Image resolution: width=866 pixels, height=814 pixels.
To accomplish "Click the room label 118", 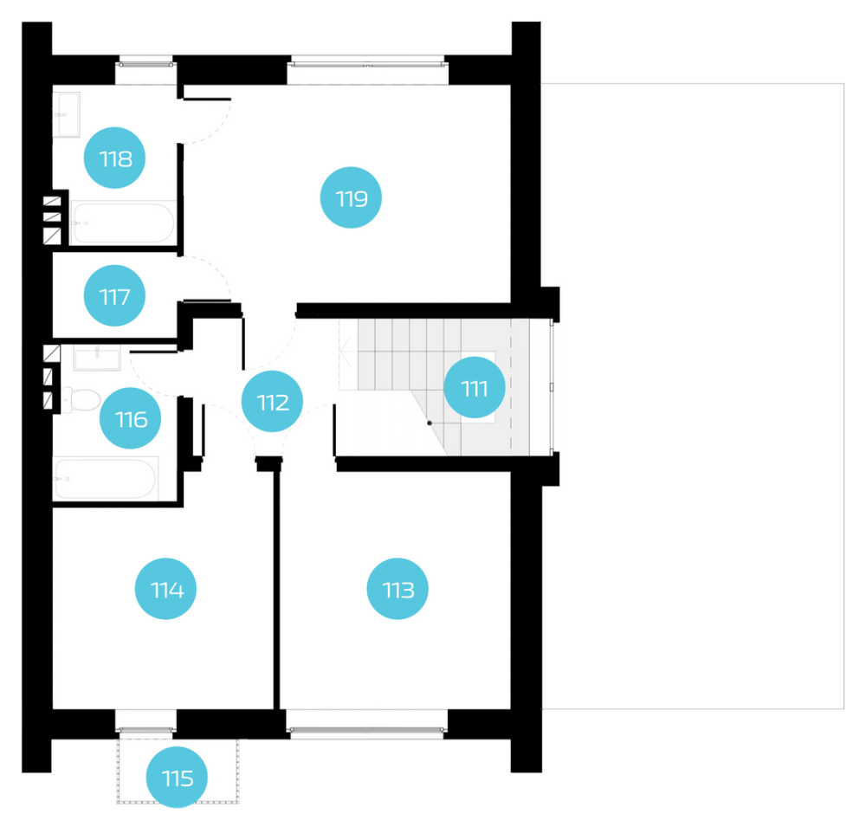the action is click(114, 158).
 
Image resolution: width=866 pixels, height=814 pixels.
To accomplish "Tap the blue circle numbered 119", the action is click(351, 197).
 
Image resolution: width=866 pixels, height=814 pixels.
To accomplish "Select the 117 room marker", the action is click(114, 295).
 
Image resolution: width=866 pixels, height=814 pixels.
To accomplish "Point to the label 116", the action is click(131, 418).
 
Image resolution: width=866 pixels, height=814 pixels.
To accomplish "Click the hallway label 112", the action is click(272, 401).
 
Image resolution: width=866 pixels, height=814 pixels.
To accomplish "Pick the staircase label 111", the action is click(475, 387).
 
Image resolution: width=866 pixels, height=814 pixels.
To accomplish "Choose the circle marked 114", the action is click(165, 589).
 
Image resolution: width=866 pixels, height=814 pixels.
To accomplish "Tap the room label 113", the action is click(397, 589).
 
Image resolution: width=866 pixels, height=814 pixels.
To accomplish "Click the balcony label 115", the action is click(177, 777).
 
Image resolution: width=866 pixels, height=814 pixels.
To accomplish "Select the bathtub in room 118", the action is click(124, 223).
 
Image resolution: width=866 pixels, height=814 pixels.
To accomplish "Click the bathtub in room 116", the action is click(106, 478).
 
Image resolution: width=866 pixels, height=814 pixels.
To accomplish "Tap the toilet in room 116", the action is click(80, 400).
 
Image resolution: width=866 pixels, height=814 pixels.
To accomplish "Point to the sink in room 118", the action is click(67, 114).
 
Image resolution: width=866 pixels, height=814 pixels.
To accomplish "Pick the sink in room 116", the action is click(97, 358).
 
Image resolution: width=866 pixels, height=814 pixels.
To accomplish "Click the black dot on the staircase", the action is click(430, 423).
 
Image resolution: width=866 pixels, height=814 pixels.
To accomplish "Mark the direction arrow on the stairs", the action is click(346, 352).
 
